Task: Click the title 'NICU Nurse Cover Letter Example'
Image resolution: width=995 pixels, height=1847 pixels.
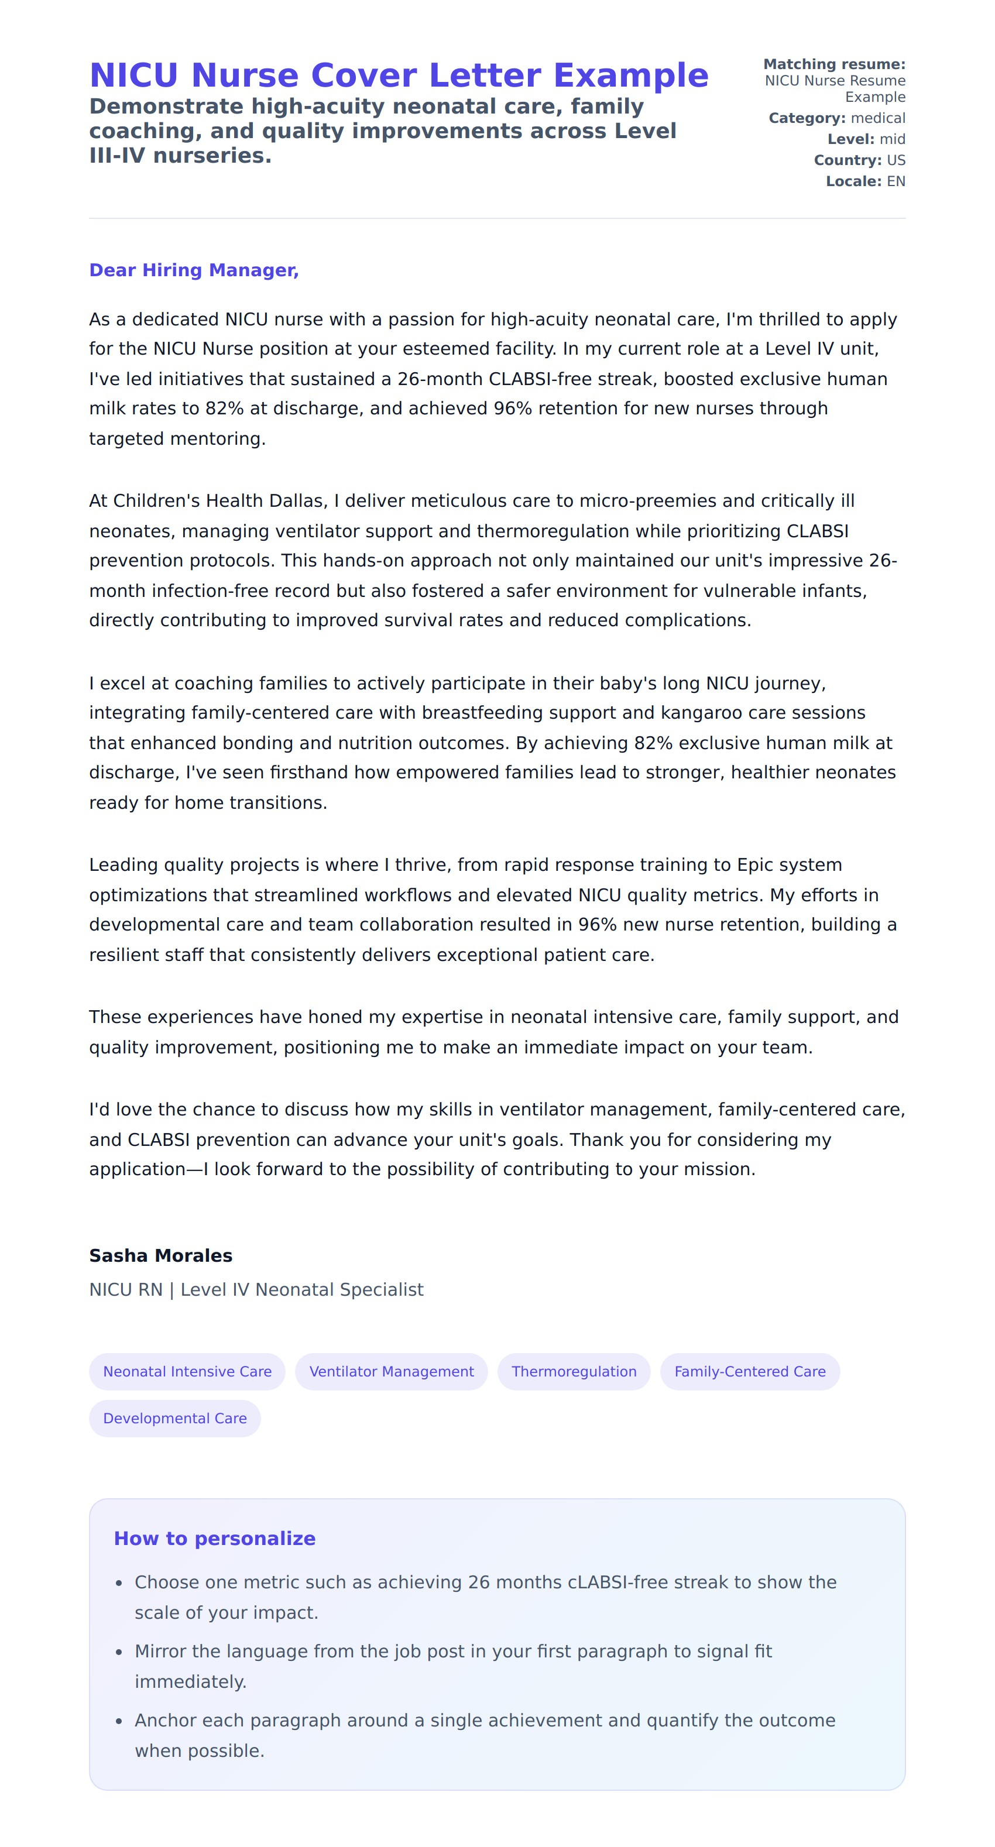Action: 399,75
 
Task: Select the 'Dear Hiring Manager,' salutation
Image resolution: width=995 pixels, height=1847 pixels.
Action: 194,270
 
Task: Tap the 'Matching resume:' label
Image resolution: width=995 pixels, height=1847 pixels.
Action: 833,64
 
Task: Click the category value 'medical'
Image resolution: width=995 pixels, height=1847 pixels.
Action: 877,118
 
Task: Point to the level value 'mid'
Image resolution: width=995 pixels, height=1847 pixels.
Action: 892,139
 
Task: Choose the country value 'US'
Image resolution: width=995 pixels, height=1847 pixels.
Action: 895,160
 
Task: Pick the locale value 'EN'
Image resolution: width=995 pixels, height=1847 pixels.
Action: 895,181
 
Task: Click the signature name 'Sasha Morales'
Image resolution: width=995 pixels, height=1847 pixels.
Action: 160,1255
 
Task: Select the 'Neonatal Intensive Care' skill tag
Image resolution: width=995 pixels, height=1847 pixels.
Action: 187,1372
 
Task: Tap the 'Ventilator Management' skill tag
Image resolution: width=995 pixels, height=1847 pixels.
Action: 392,1372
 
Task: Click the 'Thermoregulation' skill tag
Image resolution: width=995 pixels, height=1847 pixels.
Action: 574,1372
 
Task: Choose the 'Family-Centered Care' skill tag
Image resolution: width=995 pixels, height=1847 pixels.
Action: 749,1372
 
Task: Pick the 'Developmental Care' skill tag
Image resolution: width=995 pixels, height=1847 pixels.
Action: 175,1418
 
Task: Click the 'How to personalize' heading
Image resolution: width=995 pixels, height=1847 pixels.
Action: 214,1539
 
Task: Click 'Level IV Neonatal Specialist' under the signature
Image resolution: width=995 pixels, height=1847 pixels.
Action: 302,1290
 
